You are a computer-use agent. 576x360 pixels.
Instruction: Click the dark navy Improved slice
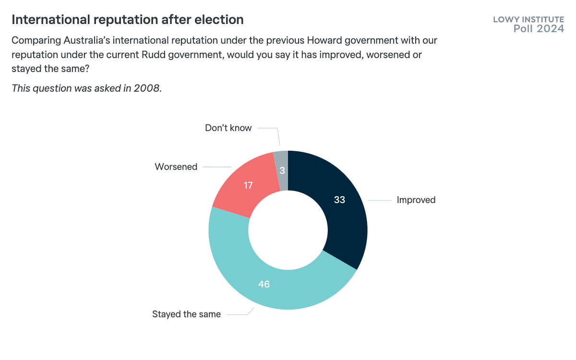click(x=343, y=216)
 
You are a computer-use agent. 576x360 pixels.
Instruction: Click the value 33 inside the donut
click(x=339, y=200)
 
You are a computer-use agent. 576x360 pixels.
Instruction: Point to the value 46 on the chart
click(x=264, y=284)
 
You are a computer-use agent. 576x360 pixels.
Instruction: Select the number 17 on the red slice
click(x=248, y=185)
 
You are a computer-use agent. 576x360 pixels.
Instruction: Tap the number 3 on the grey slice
click(x=282, y=171)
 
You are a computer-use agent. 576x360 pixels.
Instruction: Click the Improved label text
click(x=416, y=200)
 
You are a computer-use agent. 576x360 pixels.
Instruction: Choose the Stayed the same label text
click(x=186, y=314)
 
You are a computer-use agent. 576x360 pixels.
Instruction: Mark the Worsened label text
click(x=176, y=167)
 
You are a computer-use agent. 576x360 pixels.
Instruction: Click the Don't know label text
click(x=228, y=128)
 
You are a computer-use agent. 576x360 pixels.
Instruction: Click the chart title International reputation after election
click(x=127, y=20)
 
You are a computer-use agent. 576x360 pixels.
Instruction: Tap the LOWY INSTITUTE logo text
click(x=528, y=20)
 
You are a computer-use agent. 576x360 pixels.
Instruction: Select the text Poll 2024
click(x=539, y=29)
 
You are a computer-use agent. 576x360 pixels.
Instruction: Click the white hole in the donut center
click(x=288, y=230)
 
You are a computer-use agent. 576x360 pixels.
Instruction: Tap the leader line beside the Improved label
click(x=380, y=200)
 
